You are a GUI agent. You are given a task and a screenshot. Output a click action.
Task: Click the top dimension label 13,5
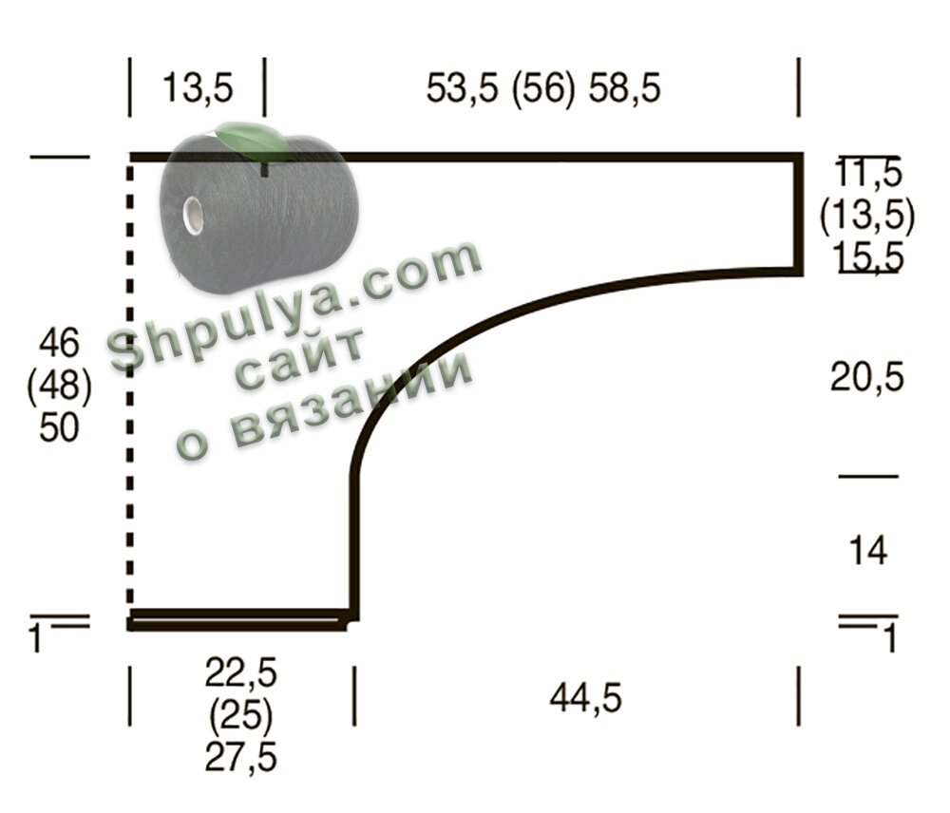pos(198,87)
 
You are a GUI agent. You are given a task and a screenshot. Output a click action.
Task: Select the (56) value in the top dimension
pos(542,88)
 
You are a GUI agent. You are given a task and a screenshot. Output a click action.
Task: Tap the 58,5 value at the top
pos(625,88)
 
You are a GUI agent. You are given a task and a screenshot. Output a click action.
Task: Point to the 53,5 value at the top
pos(463,88)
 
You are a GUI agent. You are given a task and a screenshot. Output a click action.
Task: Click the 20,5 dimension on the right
pos(867,377)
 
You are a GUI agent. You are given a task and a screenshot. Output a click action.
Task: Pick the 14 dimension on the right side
pos(868,550)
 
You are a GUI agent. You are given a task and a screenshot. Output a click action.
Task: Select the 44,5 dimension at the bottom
pos(586,698)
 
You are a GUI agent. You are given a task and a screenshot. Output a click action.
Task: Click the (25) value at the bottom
pos(240,716)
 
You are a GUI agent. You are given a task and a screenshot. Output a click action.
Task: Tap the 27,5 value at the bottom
pos(240,758)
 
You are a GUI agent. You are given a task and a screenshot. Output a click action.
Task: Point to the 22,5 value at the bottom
pos(240,673)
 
